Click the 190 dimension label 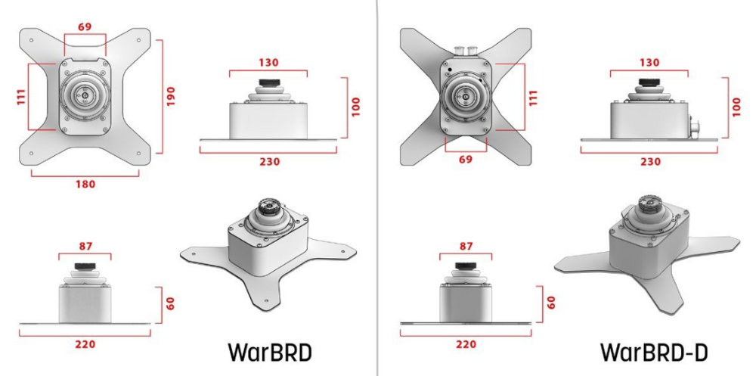(171, 97)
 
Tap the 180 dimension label (85, 185)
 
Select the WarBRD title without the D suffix (270, 353)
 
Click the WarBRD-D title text (654, 353)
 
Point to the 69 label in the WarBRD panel (85, 27)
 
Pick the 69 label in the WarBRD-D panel (466, 160)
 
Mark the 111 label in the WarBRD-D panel (533, 98)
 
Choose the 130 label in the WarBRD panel (268, 63)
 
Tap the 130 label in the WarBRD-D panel (649, 63)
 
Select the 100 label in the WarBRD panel (356, 107)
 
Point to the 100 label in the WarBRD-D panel (736, 107)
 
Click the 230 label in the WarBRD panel (270, 162)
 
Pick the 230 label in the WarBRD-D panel (650, 162)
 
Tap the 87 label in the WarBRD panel (85, 246)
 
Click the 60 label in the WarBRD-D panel (552, 303)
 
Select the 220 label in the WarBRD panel (85, 345)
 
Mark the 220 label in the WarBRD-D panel (466, 345)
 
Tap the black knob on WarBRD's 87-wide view (85, 266)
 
